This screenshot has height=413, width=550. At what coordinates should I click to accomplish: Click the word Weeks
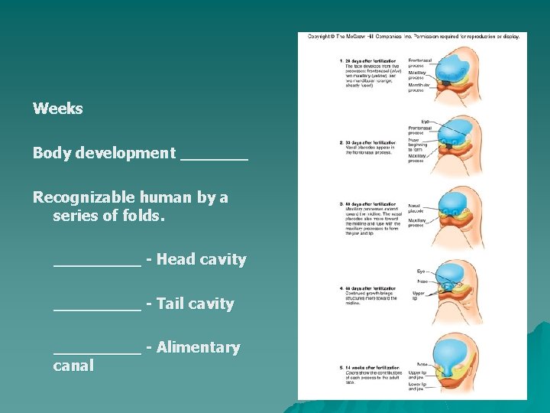(x=58, y=109)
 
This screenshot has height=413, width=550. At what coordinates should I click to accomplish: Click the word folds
(x=144, y=216)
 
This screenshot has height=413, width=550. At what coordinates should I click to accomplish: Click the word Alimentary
(x=198, y=348)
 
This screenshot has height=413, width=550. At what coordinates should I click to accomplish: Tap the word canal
(x=73, y=366)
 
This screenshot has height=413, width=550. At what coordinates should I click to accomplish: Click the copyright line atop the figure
(x=413, y=37)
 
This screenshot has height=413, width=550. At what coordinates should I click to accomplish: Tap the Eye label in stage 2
(x=425, y=121)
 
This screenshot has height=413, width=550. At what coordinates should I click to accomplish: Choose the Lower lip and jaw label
(x=417, y=385)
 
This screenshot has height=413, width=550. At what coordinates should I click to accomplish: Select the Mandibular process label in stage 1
(x=419, y=87)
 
